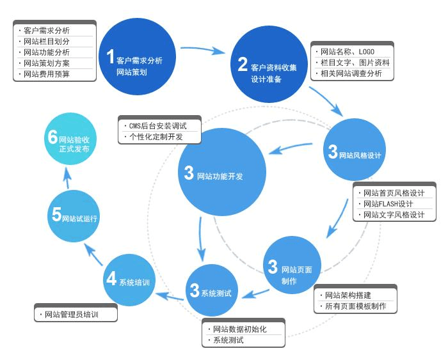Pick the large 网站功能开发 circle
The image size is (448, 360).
click(221, 172)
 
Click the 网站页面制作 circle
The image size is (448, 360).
click(292, 265)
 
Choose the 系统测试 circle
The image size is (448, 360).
click(212, 290)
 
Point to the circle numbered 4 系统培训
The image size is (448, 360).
click(129, 279)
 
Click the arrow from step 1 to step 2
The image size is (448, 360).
click(203, 49)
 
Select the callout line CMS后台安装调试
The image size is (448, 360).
click(157, 126)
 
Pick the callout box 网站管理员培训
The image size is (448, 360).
click(76, 315)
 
